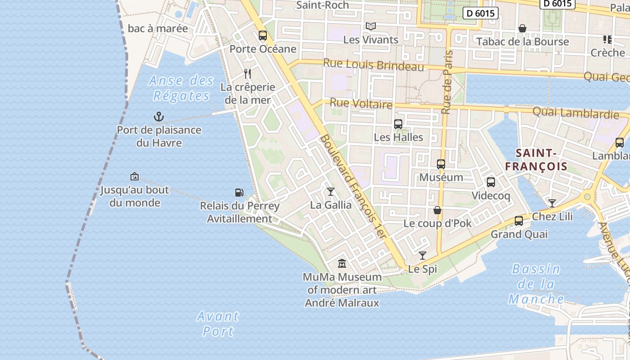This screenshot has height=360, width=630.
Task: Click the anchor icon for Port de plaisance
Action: (x=158, y=117)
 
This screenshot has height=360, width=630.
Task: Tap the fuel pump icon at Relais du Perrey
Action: (x=239, y=193)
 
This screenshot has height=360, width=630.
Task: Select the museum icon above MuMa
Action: (x=342, y=263)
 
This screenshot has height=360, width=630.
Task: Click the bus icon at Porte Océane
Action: (x=263, y=35)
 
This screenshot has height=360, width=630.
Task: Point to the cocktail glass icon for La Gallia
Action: (x=331, y=192)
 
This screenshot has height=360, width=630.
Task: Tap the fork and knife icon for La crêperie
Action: (x=247, y=73)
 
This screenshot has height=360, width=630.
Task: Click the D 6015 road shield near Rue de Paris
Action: (x=481, y=13)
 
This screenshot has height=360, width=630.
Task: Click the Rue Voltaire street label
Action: (x=361, y=103)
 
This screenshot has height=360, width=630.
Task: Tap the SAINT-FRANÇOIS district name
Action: (x=536, y=160)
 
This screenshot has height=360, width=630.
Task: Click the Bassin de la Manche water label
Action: (x=536, y=284)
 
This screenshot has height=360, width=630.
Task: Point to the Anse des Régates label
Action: (x=181, y=88)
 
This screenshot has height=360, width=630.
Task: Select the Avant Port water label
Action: (x=218, y=324)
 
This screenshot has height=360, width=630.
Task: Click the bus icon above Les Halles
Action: (x=398, y=124)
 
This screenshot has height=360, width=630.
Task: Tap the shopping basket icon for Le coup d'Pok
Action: (x=437, y=210)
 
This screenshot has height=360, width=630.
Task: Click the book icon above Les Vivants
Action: (x=370, y=27)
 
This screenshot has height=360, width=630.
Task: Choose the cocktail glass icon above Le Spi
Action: (x=422, y=256)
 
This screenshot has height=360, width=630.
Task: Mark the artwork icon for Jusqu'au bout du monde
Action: (x=134, y=176)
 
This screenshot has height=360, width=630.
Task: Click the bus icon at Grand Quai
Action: (x=519, y=221)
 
